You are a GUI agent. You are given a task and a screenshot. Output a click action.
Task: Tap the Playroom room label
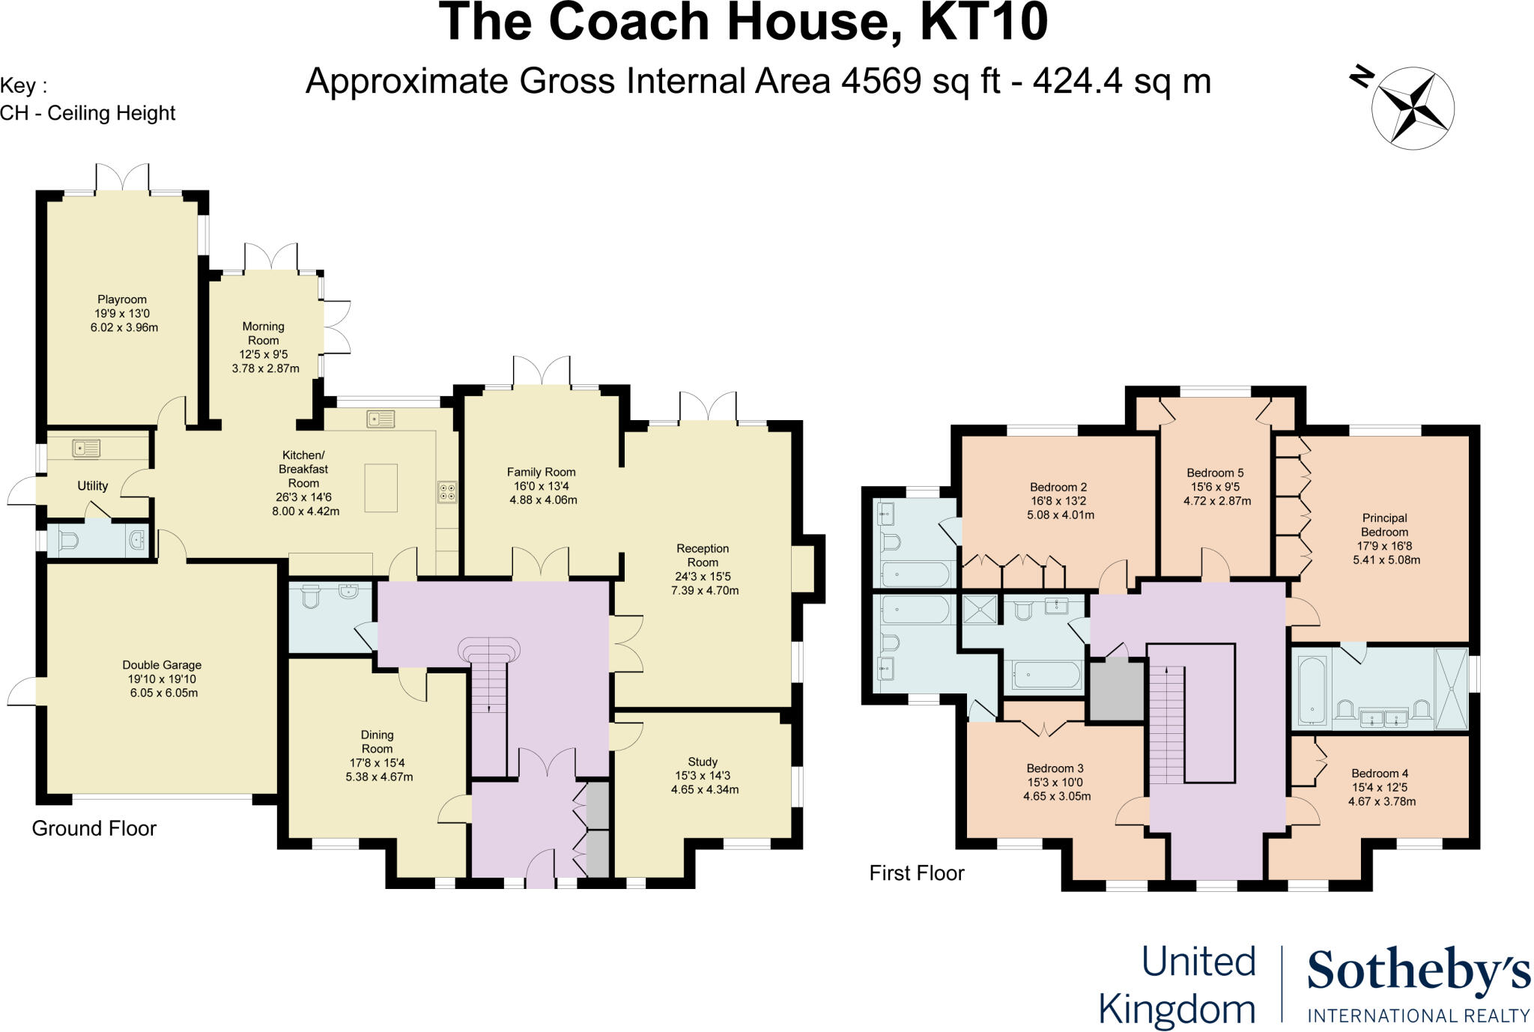click(x=122, y=300)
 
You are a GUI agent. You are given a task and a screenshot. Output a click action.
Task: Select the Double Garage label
click(x=162, y=665)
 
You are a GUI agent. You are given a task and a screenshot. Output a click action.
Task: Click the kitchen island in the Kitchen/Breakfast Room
click(x=381, y=488)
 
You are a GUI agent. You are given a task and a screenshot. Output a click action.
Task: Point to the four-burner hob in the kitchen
click(x=447, y=491)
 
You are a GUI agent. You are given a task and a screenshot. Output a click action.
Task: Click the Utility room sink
click(x=86, y=449)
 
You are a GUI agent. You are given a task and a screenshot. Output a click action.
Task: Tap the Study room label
click(x=703, y=762)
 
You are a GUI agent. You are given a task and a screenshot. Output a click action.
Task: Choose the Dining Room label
click(x=377, y=741)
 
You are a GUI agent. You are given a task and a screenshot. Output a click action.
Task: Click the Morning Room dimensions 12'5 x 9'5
click(x=264, y=355)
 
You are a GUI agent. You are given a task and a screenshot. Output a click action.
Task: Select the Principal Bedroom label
click(x=1384, y=524)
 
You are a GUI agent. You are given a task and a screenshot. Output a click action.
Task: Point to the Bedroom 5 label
click(x=1215, y=473)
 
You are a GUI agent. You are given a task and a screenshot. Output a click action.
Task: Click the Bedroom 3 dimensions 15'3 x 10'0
click(x=1055, y=783)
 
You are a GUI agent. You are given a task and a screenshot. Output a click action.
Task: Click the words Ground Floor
click(x=94, y=828)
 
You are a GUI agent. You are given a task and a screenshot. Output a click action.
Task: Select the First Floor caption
click(x=916, y=873)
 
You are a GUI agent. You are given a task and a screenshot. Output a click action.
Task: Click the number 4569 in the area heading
click(x=881, y=81)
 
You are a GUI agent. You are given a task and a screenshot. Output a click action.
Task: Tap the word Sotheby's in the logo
click(x=1418, y=972)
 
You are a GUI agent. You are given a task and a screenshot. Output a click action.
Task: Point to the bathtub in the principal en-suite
click(x=1312, y=690)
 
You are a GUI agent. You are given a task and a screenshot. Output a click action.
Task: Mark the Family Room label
click(x=541, y=472)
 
